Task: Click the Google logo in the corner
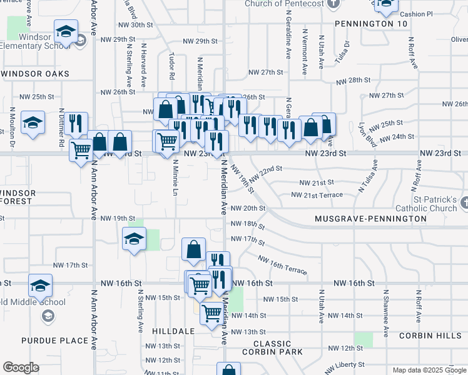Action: tap(21, 367)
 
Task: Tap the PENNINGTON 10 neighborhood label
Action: tap(371, 24)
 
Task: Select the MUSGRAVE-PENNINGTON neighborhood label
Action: tap(371, 219)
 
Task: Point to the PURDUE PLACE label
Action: tap(48, 341)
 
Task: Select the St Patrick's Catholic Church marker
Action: tap(464, 203)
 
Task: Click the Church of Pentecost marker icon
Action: tap(333, 3)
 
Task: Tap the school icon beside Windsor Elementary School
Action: tap(65, 31)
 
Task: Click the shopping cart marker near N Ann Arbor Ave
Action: tap(81, 150)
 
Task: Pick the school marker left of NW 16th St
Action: tap(41, 286)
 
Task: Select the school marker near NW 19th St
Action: tap(134, 239)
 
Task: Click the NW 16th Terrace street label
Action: tap(282, 264)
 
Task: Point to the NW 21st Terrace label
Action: tap(317, 195)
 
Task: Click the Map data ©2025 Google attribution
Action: tap(429, 370)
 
